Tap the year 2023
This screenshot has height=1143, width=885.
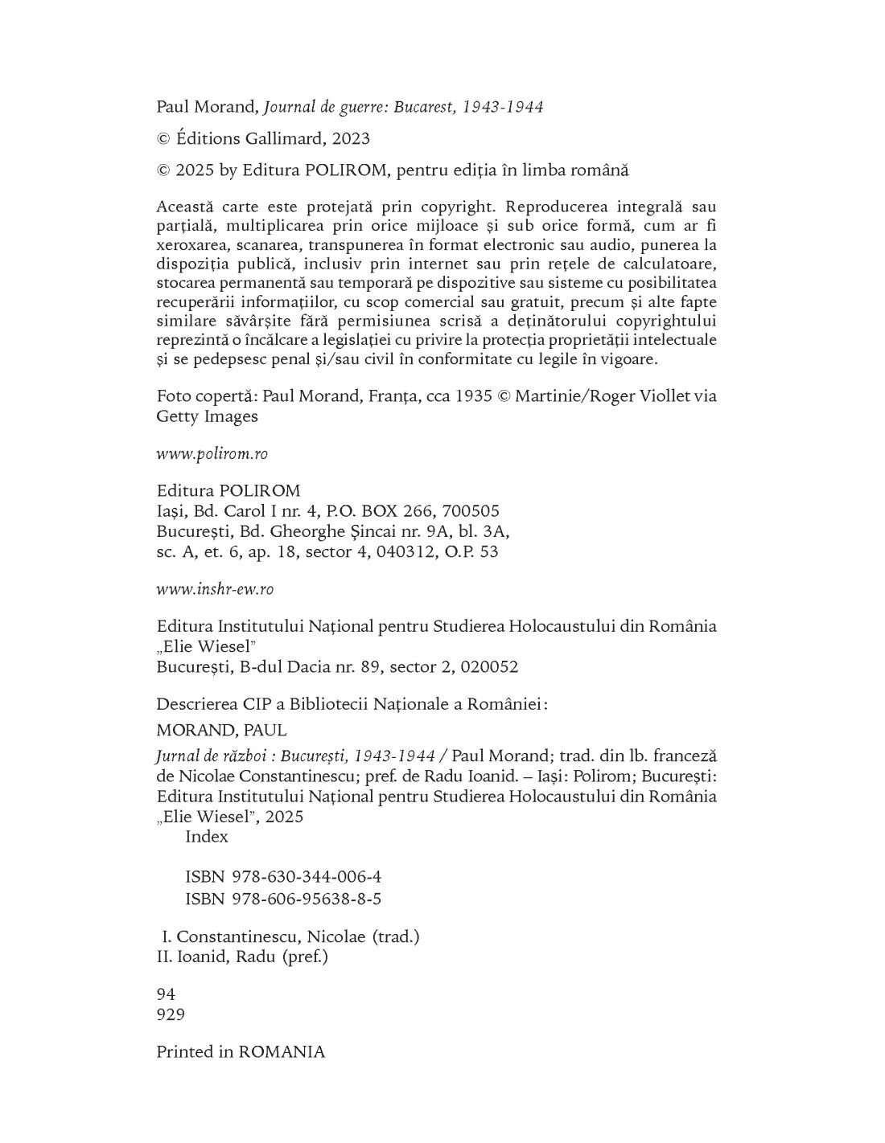coord(350,138)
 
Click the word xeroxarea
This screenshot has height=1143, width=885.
coord(193,245)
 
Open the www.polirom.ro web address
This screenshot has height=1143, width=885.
coord(212,454)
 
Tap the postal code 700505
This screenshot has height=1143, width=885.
coord(471,511)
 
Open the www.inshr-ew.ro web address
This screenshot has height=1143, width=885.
coord(215,589)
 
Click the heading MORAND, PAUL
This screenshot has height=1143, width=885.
coord(221,731)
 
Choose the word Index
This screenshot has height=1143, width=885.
coord(207,837)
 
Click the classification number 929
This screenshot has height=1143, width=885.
coord(171,1014)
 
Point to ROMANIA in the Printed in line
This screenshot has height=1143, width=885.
coord(282,1052)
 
